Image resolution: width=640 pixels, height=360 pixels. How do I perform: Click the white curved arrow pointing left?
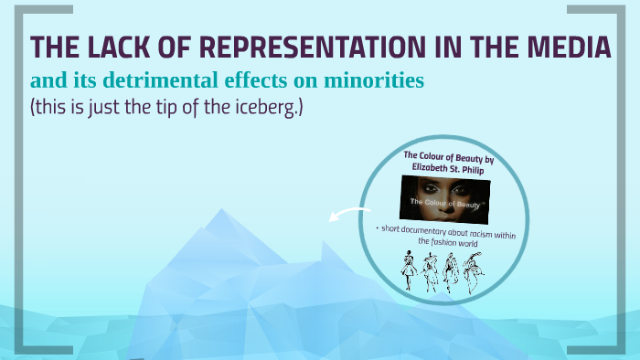pyautogui.click(x=343, y=217)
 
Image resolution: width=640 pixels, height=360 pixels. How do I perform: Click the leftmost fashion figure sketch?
pyautogui.click(x=406, y=271)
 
